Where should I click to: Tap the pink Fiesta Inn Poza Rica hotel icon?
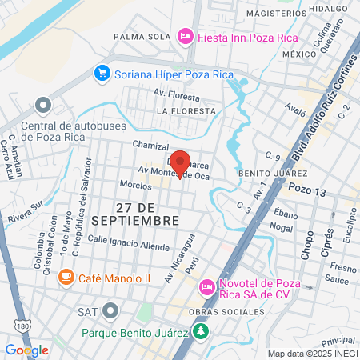point(186,36)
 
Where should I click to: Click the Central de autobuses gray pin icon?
point(43,106)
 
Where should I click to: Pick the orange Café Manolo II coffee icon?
point(66,276)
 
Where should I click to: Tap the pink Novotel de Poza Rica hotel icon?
point(206,286)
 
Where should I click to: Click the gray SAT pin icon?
point(110,310)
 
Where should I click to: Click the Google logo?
point(26,350)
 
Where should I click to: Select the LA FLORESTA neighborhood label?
point(186,110)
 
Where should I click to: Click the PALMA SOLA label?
point(142,36)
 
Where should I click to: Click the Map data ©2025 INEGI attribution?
point(312,354)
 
